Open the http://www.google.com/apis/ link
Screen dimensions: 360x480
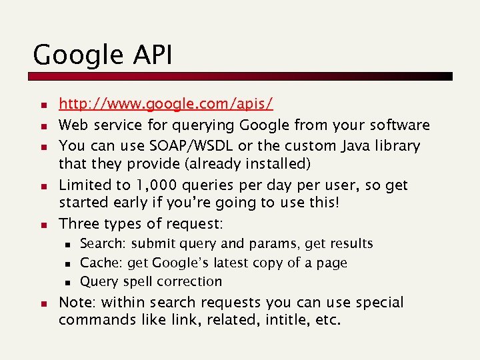166,104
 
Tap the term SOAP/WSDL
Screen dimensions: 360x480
178,145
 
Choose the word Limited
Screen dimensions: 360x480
84,185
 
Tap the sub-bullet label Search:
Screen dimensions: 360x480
101,244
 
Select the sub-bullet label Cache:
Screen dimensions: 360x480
100,263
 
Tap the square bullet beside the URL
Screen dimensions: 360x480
41,105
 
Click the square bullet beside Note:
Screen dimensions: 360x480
41,303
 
